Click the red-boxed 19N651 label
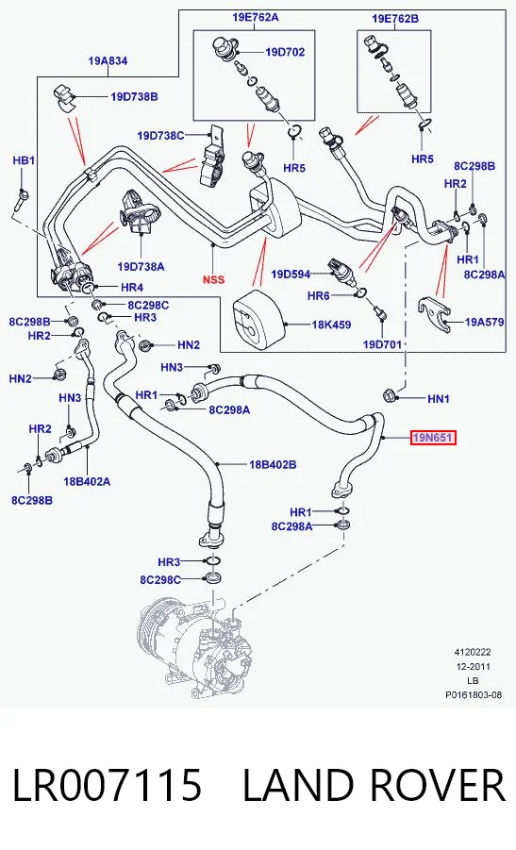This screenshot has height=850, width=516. coord(433,437)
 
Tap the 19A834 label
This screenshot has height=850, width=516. coord(108,61)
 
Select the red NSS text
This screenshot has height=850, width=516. coord(213,280)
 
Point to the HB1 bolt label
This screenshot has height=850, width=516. coord(24,160)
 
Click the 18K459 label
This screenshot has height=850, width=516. coord(331,325)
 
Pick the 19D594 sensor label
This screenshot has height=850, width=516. coord(291,275)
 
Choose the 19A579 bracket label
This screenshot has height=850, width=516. coord(484,322)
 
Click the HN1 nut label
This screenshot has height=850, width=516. coord(439,399)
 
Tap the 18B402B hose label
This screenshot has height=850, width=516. coord(273,464)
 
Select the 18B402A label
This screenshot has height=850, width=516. coord(87,481)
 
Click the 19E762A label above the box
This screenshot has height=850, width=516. coord(256,17)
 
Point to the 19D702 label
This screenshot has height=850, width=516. coord(285,52)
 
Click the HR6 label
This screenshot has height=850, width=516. coord(318,295)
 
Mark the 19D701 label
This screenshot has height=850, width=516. coord(382,344)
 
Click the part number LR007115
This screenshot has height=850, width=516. coord(107,786)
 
